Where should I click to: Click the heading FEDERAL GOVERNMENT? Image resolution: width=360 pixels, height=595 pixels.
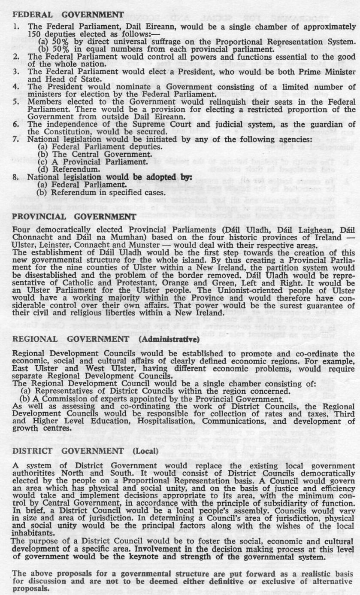[68, 14]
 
